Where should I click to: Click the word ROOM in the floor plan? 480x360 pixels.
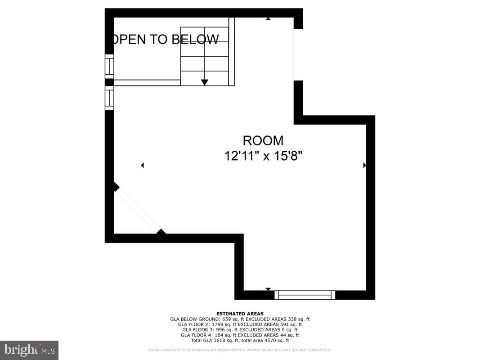pyautogui.click(x=263, y=140)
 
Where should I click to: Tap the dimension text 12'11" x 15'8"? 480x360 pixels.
pyautogui.click(x=263, y=156)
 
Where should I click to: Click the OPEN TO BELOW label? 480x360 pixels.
pyautogui.click(x=165, y=40)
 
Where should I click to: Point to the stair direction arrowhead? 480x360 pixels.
pyautogui.click(x=205, y=82)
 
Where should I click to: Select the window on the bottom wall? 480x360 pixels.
pyautogui.click(x=305, y=295)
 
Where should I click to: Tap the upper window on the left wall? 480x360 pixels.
pyautogui.click(x=109, y=66)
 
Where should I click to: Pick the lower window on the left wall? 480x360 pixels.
pyautogui.click(x=109, y=98)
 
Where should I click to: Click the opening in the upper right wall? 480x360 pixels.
pyautogui.click(x=298, y=55)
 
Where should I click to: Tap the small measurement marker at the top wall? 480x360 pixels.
pyautogui.click(x=268, y=19)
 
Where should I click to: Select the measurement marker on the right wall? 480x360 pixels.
pyautogui.click(x=364, y=165)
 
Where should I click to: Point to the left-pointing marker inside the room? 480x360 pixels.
pyautogui.click(x=142, y=165)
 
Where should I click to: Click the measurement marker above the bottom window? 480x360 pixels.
pyautogui.click(x=268, y=289)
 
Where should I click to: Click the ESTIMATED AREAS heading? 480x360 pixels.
pyautogui.click(x=240, y=314)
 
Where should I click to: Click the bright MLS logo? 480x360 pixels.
pyautogui.click(x=29, y=350)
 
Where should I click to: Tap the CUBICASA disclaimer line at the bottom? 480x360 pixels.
pyautogui.click(x=240, y=350)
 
